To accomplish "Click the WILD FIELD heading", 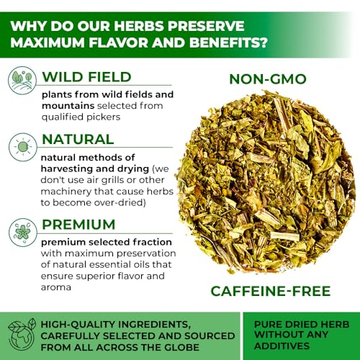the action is (86, 77).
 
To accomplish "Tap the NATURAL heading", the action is (78, 139).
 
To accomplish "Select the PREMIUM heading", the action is (78, 225).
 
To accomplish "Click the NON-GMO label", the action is (268, 79).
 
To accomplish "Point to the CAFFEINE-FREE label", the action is (271, 291).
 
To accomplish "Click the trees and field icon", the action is (22, 81).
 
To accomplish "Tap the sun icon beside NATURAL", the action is (23, 147).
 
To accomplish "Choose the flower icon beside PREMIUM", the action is (23, 232).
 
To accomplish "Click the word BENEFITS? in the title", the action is (228, 42).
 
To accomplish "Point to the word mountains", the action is (68, 106).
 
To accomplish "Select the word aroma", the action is (56, 287).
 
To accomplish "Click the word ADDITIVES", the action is (282, 346).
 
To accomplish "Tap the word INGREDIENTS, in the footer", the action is (154, 325).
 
